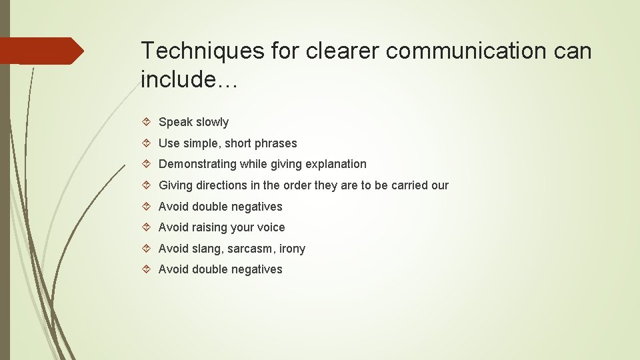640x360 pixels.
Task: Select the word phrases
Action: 275,143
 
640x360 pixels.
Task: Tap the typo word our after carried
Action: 440,185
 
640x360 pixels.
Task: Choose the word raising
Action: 210,227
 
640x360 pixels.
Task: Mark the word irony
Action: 292,249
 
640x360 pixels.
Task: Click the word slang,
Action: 208,249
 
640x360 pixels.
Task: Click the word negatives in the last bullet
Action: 256,269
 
